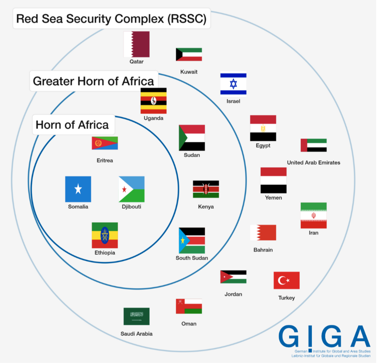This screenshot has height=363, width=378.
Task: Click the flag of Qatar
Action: click(136, 44)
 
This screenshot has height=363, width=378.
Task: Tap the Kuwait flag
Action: click(189, 54)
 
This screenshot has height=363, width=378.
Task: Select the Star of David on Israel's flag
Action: click(233, 83)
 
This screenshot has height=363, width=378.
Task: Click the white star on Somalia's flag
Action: click(78, 189)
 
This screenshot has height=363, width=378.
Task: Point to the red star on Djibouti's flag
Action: click(124, 189)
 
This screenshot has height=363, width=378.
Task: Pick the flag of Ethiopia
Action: click(105, 235)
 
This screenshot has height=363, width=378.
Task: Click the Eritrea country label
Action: click(105, 161)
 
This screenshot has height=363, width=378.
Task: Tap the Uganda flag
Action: click(154, 101)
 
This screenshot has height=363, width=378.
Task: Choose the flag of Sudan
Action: click(192, 138)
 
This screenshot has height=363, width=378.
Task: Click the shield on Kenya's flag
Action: click(206, 189)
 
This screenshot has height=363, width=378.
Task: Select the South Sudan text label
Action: click(192, 258)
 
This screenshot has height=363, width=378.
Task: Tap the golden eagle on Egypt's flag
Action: click(263, 128)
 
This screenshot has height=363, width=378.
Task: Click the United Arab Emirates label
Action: click(313, 163)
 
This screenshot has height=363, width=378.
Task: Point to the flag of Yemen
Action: click(273, 180)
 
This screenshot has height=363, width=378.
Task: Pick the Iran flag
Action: click(313, 215)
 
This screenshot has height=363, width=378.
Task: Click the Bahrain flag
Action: click(263, 232)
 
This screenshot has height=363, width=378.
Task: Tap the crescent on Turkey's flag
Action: click(282, 280)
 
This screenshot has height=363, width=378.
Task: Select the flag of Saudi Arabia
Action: click(136, 316)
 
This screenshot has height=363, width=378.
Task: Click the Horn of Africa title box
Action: click(72, 125)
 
